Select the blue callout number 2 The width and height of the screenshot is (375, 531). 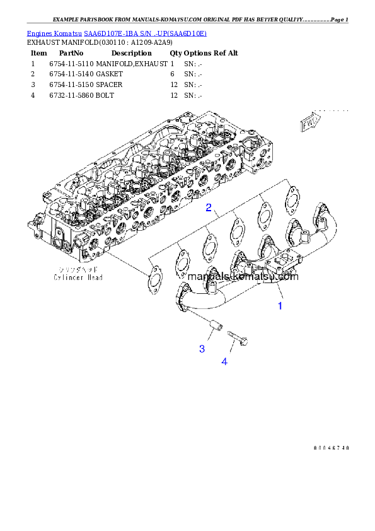point(207,207)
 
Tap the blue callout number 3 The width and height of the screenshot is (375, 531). point(202,349)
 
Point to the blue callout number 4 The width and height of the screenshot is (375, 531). point(224,361)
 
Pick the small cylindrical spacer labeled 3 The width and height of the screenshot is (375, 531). point(214,327)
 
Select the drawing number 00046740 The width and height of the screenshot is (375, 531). point(331,448)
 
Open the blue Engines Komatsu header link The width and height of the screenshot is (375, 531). point(117,33)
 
